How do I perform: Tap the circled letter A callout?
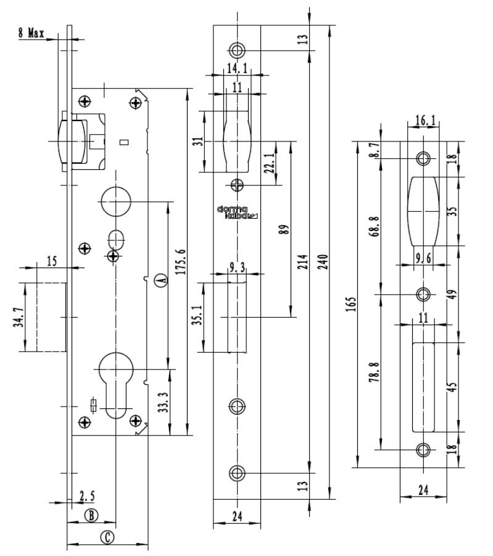tap(160, 280)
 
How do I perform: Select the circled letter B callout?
tap(91, 515)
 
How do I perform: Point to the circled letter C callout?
tap(107, 537)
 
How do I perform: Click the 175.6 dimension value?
tap(180, 259)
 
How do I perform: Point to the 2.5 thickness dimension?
tap(86, 495)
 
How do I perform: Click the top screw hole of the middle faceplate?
tap(237, 49)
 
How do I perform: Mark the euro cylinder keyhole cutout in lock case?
tap(116, 383)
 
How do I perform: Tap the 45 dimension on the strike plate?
tap(454, 386)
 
